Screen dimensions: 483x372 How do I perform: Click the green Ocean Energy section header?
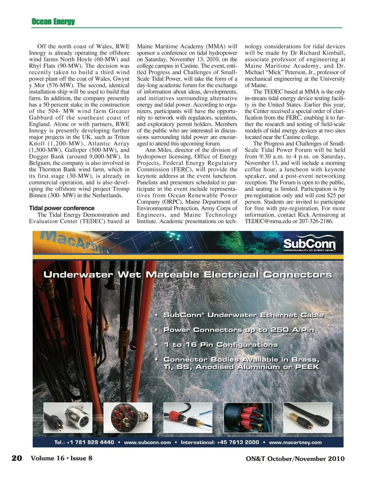click(53, 22)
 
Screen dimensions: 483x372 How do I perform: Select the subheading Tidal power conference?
click(62, 208)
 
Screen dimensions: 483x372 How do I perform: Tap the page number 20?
click(17, 458)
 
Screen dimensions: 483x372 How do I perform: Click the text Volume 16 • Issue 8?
click(62, 458)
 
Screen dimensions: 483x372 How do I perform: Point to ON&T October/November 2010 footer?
click(295, 459)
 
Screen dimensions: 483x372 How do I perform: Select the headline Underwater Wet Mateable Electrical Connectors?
click(188, 275)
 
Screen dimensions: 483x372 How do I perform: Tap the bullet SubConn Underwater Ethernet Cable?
click(243, 315)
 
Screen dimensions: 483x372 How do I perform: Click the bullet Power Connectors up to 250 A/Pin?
click(238, 330)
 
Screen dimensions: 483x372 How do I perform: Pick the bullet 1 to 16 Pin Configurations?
click(220, 344)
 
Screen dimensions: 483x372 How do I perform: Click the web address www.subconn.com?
click(147, 442)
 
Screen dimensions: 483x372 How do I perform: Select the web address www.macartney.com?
click(295, 442)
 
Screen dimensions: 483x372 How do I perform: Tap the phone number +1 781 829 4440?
click(90, 442)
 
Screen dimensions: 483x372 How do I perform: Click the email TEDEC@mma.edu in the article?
click(268, 221)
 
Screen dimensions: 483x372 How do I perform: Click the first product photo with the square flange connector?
click(68, 418)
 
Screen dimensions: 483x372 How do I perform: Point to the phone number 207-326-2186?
click(316, 221)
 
